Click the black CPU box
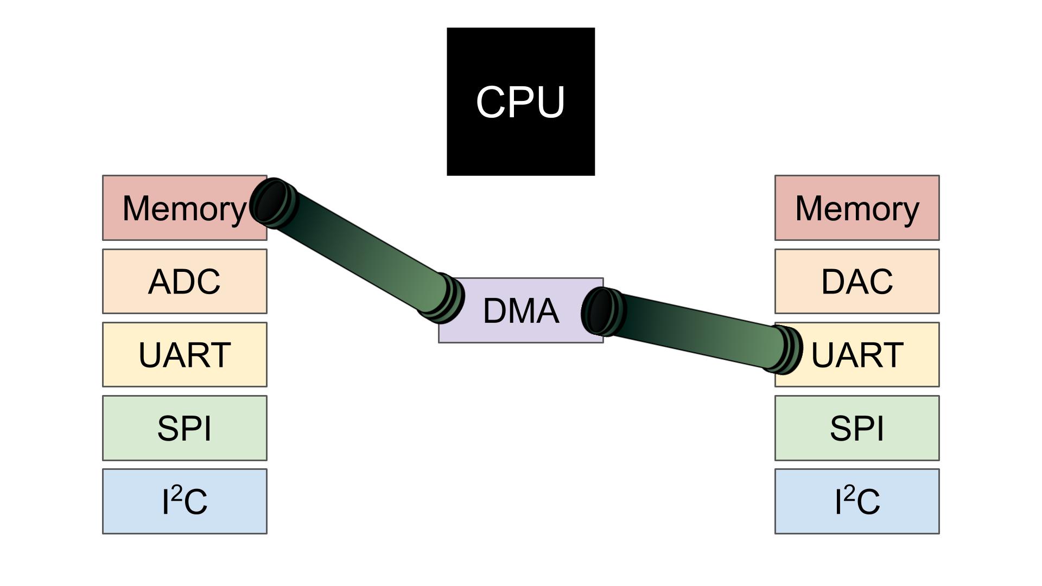520,101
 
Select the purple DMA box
521,311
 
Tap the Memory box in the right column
856,208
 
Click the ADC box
185,282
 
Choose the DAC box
856,282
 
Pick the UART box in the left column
185,355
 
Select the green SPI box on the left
185,428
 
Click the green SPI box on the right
856,428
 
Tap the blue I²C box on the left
185,501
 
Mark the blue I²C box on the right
856,501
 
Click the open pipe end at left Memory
271,201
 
